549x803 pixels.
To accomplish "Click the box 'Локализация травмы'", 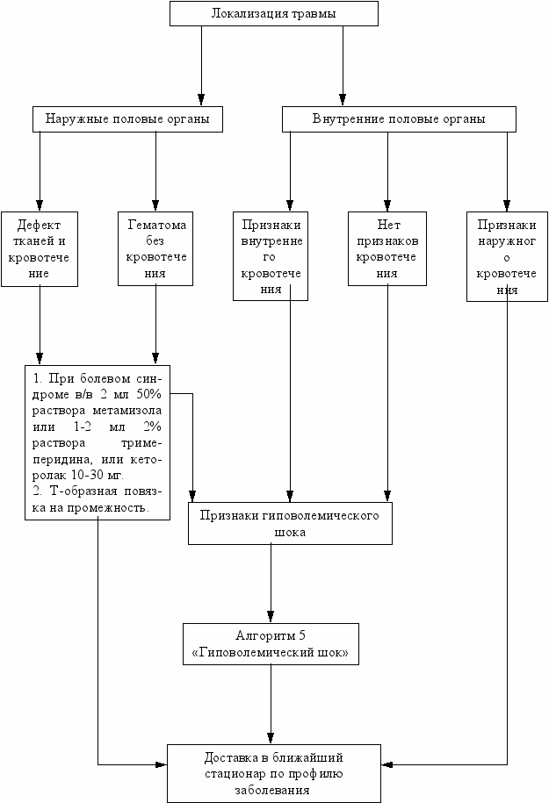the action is click(274, 13).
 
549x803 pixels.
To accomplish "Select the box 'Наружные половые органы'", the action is click(127, 119).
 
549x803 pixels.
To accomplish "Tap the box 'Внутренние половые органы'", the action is click(399, 119).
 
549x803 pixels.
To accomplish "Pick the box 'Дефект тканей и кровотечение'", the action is click(40, 249).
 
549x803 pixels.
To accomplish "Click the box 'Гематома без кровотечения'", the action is click(155, 248).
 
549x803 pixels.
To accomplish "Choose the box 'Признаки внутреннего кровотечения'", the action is click(271, 256).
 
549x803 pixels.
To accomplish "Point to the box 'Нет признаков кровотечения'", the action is click(387, 248).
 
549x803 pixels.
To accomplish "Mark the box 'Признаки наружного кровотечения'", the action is click(507, 256).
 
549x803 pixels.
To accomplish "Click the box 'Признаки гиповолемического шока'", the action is click(290, 523).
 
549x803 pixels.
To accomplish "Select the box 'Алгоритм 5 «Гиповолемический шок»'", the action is click(271, 644).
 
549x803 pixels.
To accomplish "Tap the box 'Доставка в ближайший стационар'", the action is click(274, 773).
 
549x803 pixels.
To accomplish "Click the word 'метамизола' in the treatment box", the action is click(127, 411).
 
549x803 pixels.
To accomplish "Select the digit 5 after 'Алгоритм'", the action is click(302, 636).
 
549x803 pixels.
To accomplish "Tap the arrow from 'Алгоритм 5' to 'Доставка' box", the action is click(271, 705).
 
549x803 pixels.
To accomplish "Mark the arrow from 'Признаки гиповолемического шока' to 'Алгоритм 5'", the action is click(271, 584).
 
